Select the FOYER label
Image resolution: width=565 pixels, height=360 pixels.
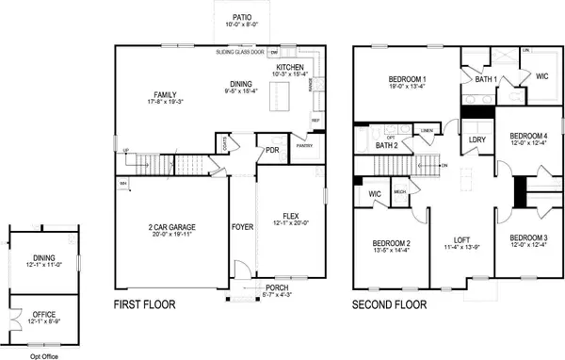242,227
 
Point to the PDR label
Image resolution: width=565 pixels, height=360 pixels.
271,150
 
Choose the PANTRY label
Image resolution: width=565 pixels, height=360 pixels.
303,145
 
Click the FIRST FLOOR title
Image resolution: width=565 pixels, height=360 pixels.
153,305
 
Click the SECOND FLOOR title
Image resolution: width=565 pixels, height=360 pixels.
389,305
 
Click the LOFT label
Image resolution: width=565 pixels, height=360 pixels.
460,239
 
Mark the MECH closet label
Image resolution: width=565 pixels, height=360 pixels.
399,192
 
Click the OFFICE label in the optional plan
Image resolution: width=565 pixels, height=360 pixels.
41,314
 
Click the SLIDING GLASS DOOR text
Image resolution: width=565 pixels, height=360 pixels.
241,53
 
